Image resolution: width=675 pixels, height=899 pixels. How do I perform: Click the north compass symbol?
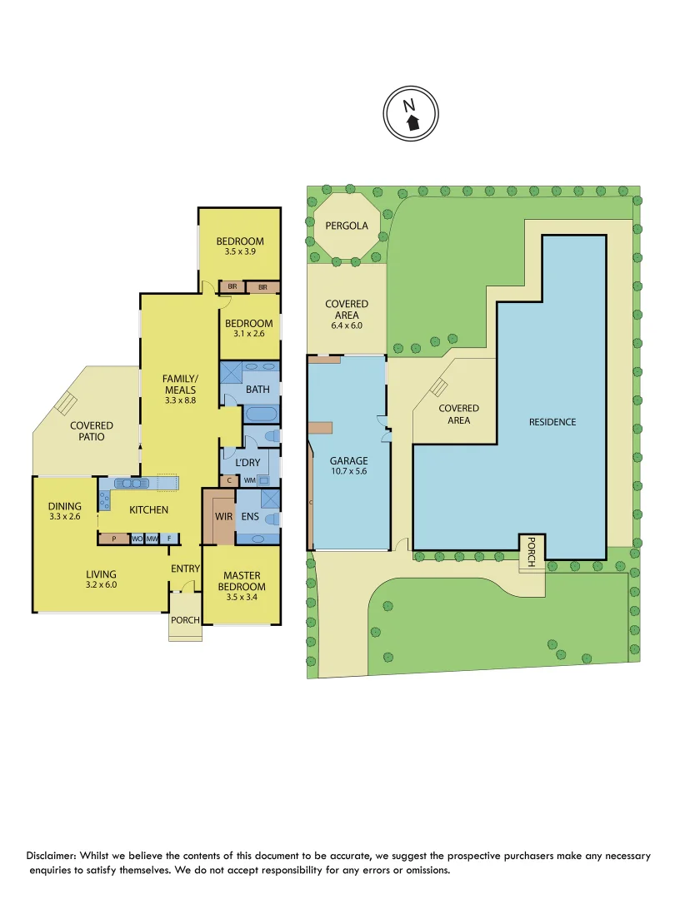click(x=411, y=115)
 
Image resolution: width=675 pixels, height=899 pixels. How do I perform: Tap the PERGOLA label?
click(x=347, y=226)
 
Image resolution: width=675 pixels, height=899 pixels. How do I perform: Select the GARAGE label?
click(x=349, y=460)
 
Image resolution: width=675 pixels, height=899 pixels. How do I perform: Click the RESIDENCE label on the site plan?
click(x=552, y=422)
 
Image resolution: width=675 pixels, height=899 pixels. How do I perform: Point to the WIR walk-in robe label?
click(x=223, y=517)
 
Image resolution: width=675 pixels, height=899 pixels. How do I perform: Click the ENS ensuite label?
click(x=250, y=517)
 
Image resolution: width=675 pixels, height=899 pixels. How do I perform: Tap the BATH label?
click(x=257, y=390)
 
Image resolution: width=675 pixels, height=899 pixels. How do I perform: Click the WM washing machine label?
click(x=249, y=480)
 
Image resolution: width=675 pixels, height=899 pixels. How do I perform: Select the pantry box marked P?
click(x=114, y=539)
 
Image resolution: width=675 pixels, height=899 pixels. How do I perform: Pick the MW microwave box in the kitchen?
click(x=152, y=539)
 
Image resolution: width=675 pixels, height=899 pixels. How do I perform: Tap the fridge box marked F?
click(x=169, y=539)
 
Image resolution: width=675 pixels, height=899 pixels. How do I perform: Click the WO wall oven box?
click(x=137, y=539)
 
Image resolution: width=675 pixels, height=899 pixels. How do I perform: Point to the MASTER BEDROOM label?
click(x=242, y=581)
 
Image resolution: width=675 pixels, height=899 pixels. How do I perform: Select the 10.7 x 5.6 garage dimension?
click(x=349, y=473)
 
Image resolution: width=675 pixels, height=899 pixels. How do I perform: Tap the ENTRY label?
click(x=186, y=569)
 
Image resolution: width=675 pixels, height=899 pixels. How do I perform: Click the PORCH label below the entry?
click(x=185, y=620)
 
